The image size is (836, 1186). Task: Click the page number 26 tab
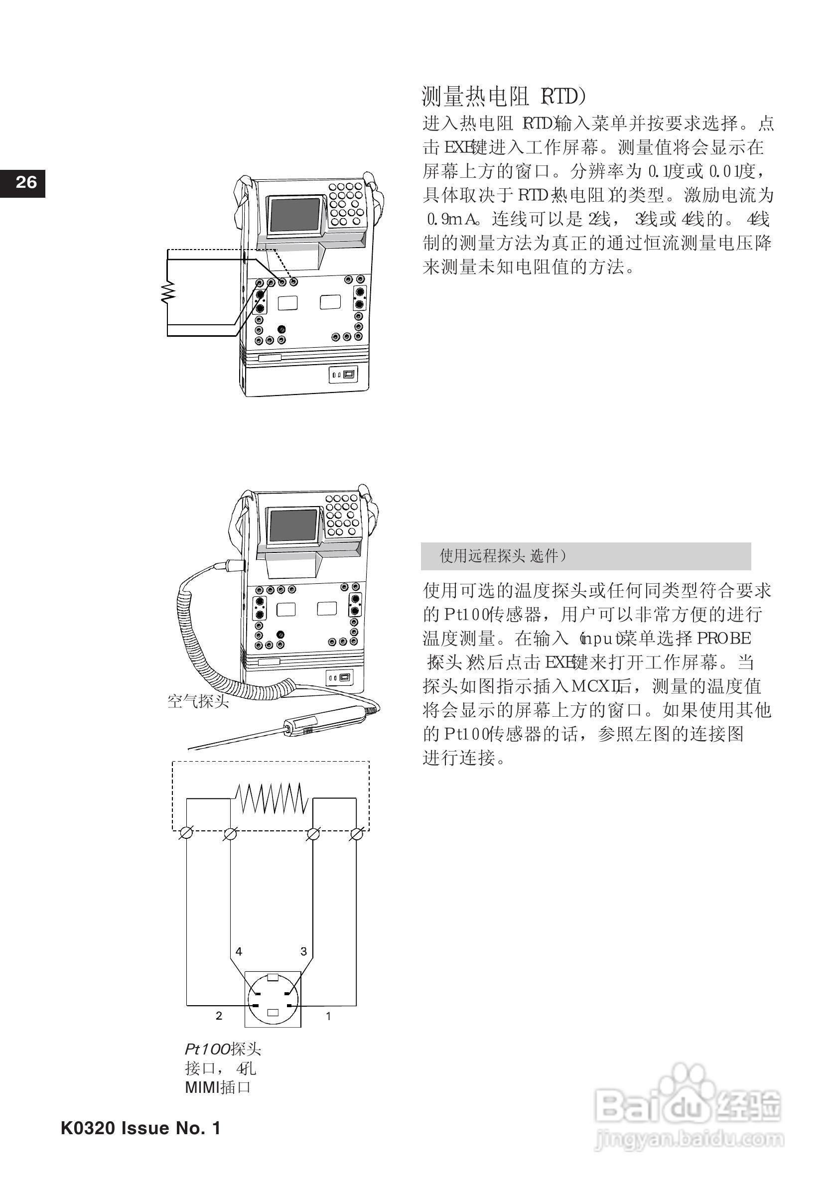tap(23, 183)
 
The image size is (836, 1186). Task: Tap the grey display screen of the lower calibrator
tap(293, 526)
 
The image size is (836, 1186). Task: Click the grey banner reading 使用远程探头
tap(585, 556)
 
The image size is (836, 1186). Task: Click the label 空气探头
tap(198, 701)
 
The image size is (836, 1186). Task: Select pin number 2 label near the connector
tap(219, 1016)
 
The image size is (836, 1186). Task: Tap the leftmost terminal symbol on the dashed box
tap(186, 833)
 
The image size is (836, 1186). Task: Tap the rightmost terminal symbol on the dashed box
tap(357, 833)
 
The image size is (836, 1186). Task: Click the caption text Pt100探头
tap(223, 1050)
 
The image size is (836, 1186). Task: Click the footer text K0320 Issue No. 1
tap(140, 1128)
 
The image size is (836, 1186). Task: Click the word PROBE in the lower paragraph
tap(724, 639)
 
